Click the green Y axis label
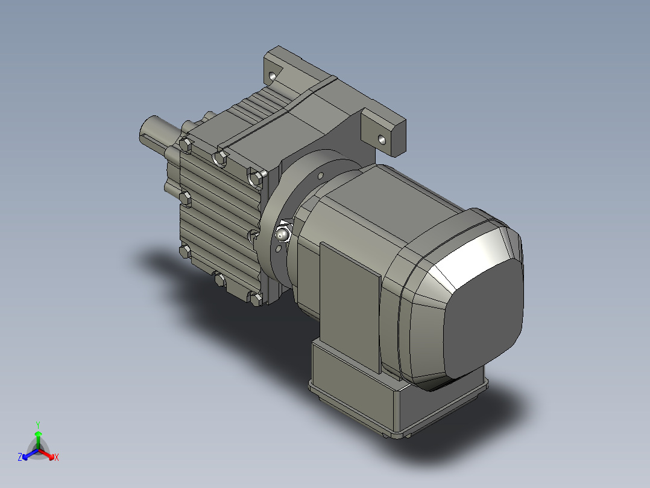(x=37, y=424)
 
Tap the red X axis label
(x=56, y=457)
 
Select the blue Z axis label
(x=20, y=457)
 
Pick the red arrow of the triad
(x=48, y=454)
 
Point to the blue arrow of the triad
(x=28, y=454)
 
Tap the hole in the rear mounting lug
(x=272, y=77)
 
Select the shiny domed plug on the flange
(x=283, y=233)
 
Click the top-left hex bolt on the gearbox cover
(x=186, y=145)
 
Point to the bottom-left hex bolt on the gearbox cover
(x=185, y=251)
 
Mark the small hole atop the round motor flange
(x=321, y=176)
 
